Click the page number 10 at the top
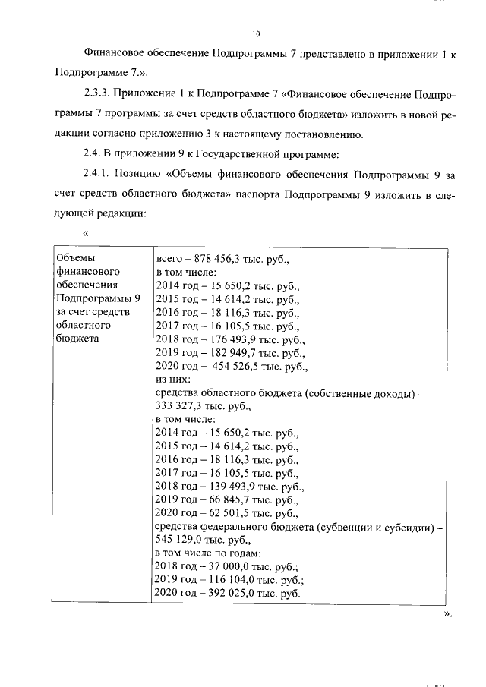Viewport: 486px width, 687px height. (256, 33)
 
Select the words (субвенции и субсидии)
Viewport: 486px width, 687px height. (370, 525)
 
